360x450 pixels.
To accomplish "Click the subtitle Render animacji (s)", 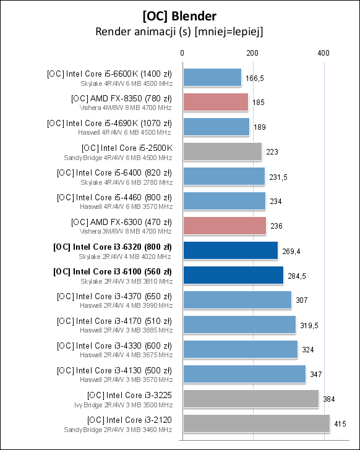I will [179, 31].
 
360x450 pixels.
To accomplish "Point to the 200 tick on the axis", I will [252, 54].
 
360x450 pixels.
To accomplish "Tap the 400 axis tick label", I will [323, 54].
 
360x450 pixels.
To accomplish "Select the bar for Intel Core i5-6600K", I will [212, 77].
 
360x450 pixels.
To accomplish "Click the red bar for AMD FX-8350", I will [215, 102].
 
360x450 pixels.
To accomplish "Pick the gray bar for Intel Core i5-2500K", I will [221, 151].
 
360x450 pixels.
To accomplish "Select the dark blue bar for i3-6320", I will [229, 250].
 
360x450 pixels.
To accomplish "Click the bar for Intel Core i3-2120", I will [255, 423].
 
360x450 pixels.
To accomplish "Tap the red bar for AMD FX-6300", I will [224, 226].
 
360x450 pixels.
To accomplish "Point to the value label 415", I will [340, 424].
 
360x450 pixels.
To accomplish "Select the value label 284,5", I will [296, 276].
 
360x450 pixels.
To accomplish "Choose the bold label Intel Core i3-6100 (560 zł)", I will [113, 271].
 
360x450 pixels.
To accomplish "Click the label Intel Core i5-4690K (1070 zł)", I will [109, 123].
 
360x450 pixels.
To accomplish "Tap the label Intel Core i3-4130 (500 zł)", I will [114, 370].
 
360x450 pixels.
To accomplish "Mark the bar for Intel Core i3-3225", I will [250, 399].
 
